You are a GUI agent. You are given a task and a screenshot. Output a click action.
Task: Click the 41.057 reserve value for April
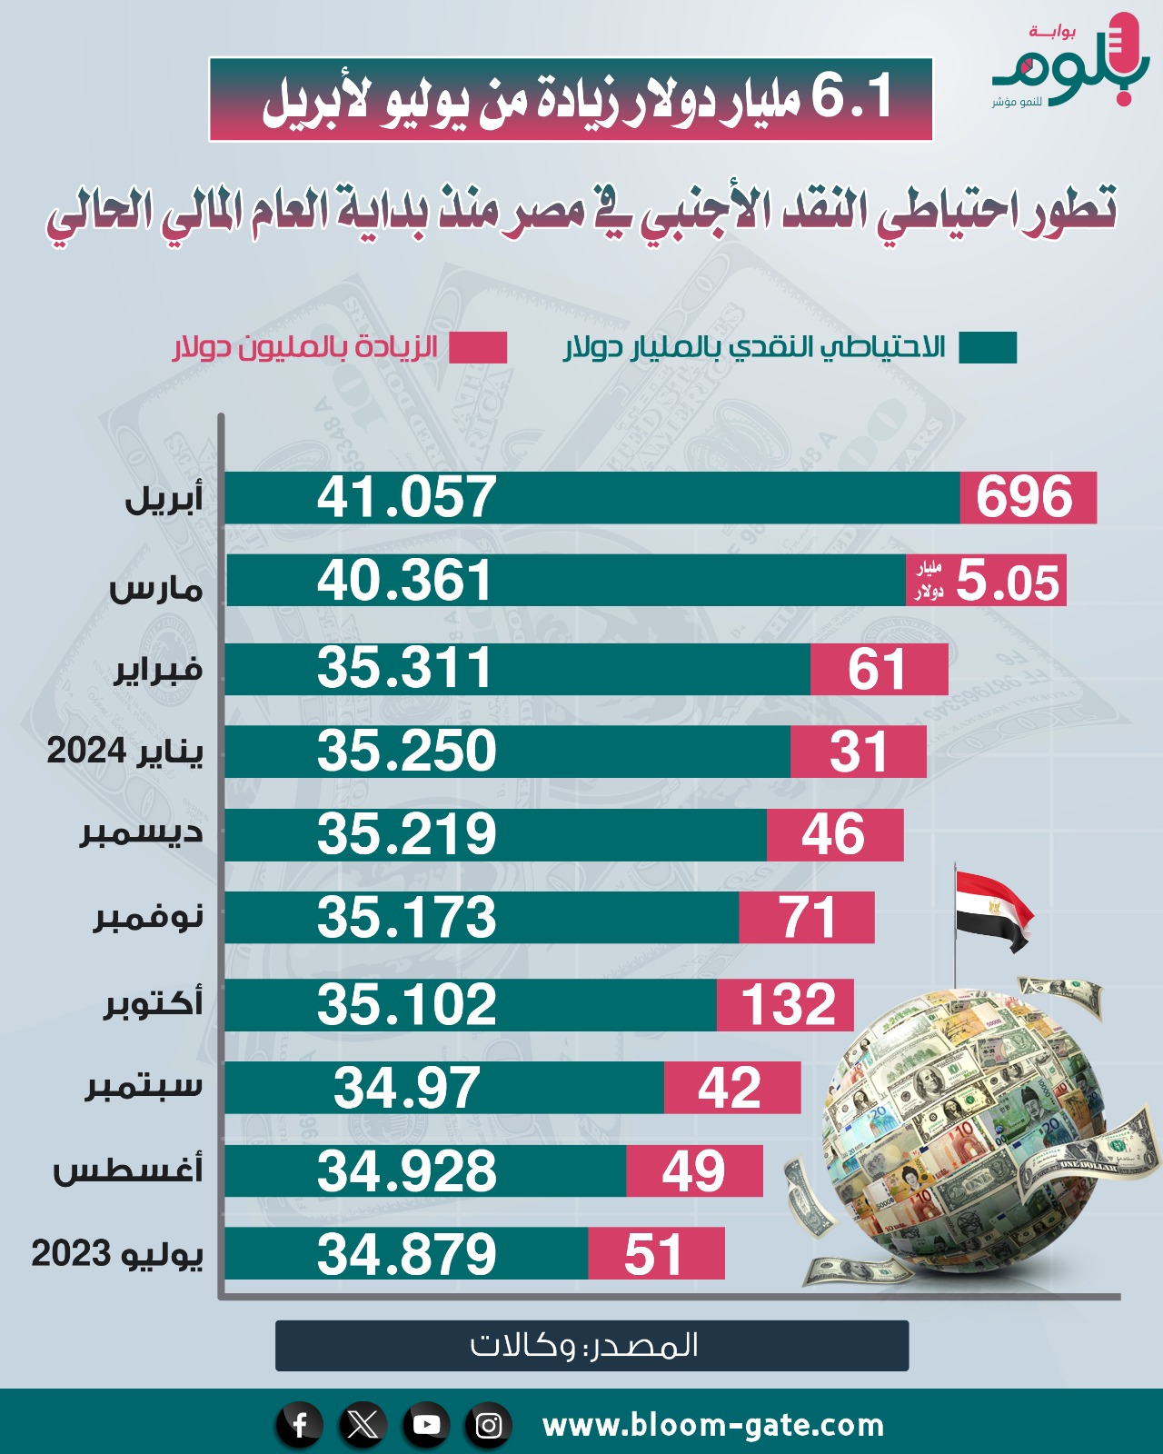coord(407,497)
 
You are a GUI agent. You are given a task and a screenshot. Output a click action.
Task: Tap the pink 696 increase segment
coord(1027,497)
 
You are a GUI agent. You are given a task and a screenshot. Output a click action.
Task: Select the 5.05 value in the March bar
coord(1007,582)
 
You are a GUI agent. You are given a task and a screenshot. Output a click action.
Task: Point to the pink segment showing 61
coord(878,669)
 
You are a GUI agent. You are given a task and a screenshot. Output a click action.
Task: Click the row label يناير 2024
coord(125,752)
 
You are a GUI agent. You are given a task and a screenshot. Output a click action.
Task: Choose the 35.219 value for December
coord(407,834)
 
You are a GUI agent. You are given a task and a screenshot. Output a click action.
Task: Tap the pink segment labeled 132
coord(787,1005)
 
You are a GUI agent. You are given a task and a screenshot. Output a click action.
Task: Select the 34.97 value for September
coord(406,1088)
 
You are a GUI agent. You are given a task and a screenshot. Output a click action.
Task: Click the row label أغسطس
coord(128,1170)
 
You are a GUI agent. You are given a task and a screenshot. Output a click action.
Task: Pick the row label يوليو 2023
coord(117,1254)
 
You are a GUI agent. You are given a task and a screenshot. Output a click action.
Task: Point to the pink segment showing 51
coord(655,1254)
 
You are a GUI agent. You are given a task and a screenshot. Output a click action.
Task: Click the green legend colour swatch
coord(988,348)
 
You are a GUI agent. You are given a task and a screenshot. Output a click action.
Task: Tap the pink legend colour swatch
coord(478,348)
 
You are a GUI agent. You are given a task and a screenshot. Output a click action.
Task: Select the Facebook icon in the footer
coord(300,1424)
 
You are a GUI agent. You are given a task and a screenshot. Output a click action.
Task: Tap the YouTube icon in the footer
coord(426,1424)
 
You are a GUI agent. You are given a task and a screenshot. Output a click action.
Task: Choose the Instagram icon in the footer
coord(489,1424)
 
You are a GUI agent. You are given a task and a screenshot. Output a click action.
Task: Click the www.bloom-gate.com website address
coord(713,1425)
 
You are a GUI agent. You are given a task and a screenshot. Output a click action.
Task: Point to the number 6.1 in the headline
coord(852,97)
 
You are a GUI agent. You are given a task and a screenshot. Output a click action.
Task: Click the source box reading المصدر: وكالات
coord(591,1345)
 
